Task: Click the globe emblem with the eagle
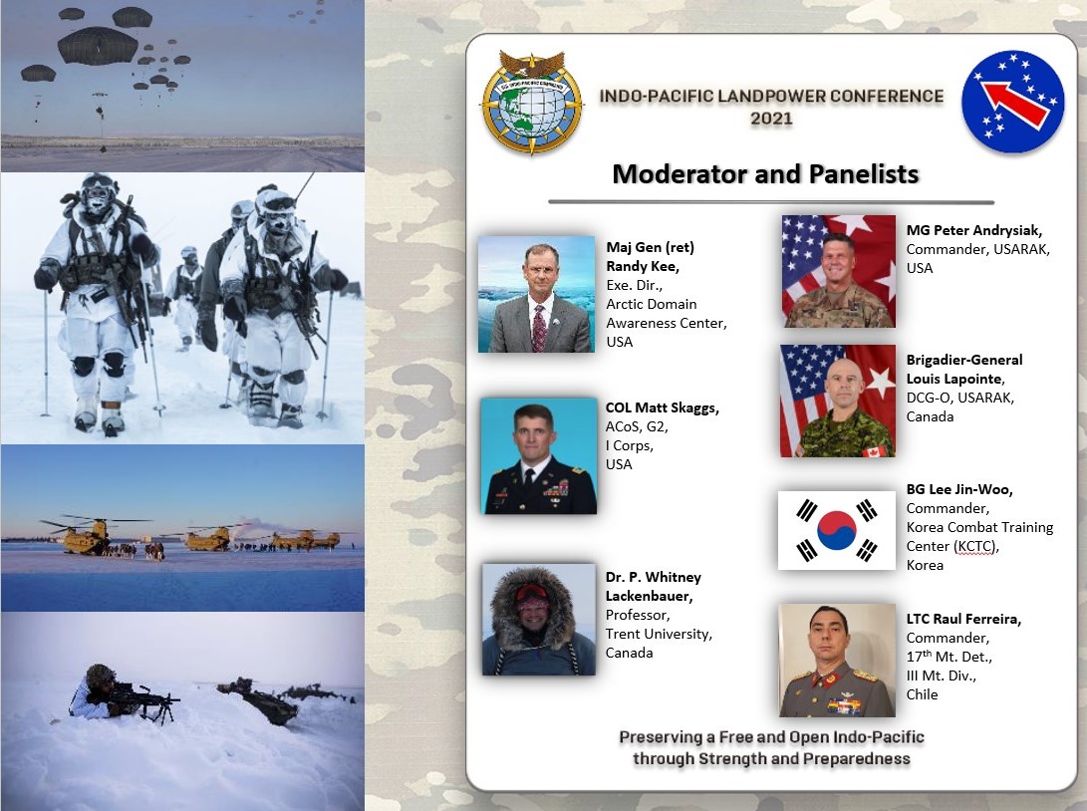pyautogui.click(x=532, y=102)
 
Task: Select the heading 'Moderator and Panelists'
pyautogui.click(x=765, y=174)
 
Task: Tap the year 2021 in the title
pyautogui.click(x=771, y=118)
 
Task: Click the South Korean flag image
pyautogui.click(x=837, y=530)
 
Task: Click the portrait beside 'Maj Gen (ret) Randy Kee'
pyautogui.click(x=537, y=294)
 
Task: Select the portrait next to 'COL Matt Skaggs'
pyautogui.click(x=539, y=455)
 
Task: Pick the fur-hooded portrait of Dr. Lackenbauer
pyautogui.click(x=539, y=619)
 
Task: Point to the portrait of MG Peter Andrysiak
pyautogui.click(x=839, y=271)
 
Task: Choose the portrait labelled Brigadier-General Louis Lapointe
pyautogui.click(x=838, y=401)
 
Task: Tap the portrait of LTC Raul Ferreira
pyautogui.click(x=838, y=660)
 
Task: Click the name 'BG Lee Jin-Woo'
pyautogui.click(x=959, y=489)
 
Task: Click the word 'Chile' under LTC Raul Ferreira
pyautogui.click(x=922, y=694)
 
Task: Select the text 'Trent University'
pyautogui.click(x=658, y=634)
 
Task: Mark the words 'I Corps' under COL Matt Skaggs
pyautogui.click(x=629, y=445)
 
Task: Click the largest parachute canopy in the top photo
pyautogui.click(x=98, y=46)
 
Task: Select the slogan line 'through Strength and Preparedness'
pyautogui.click(x=771, y=758)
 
